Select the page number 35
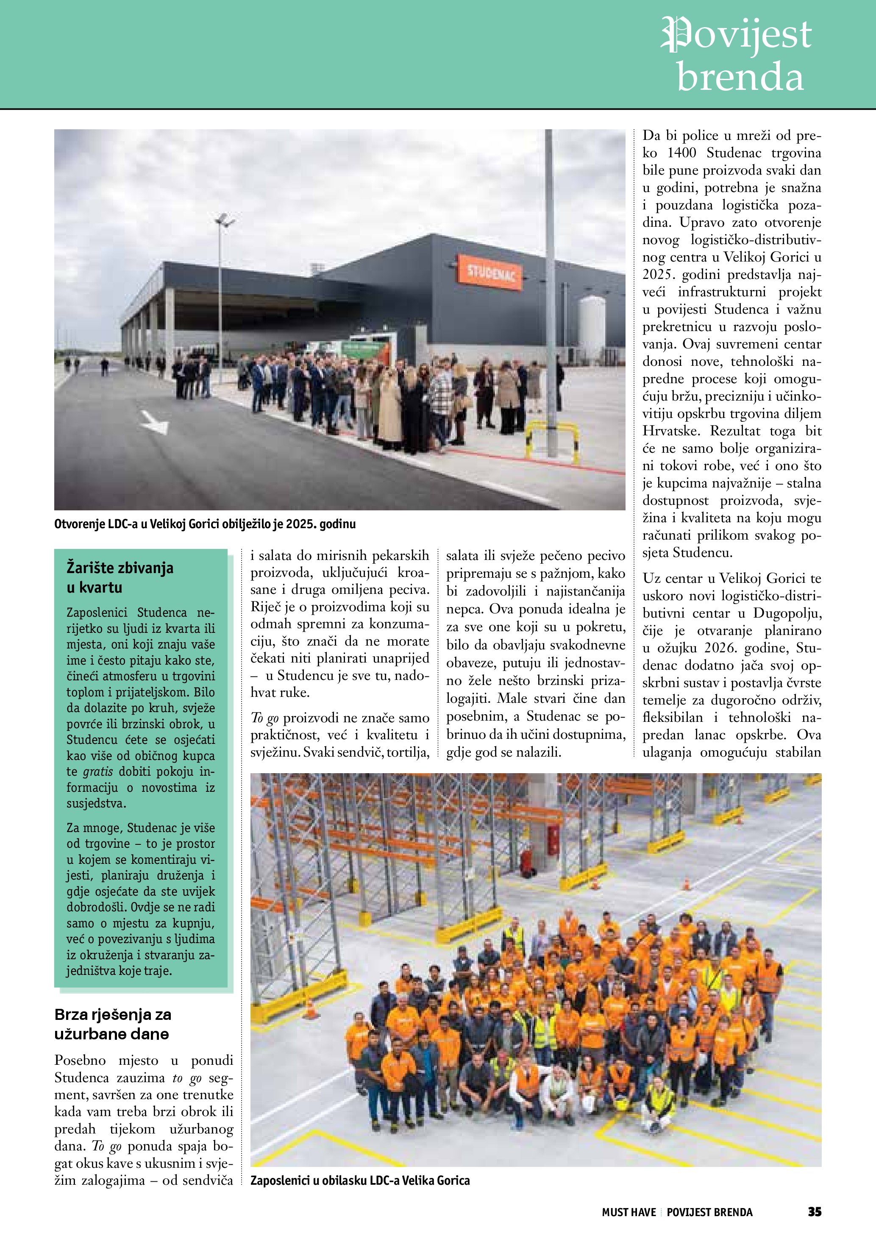(814, 1211)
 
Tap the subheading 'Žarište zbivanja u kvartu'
(120, 577)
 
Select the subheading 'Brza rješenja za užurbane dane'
(112, 1024)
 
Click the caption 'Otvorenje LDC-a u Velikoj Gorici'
(205, 524)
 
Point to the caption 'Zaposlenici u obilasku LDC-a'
(360, 1180)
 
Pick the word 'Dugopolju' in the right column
(787, 613)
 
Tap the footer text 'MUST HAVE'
(628, 1212)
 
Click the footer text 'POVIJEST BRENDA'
(709, 1212)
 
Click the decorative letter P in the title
(678, 34)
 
